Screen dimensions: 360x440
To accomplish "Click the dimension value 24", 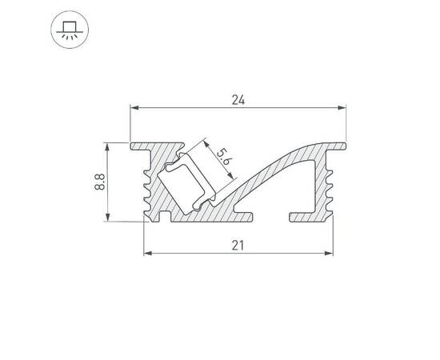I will pos(238,100).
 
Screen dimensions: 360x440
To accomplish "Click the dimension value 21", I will pos(238,246).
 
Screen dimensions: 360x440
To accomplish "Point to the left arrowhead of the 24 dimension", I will pos(133,107).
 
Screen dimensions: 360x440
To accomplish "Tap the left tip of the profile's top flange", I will pos(132,146).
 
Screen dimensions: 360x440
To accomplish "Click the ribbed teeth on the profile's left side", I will pos(149,188).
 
